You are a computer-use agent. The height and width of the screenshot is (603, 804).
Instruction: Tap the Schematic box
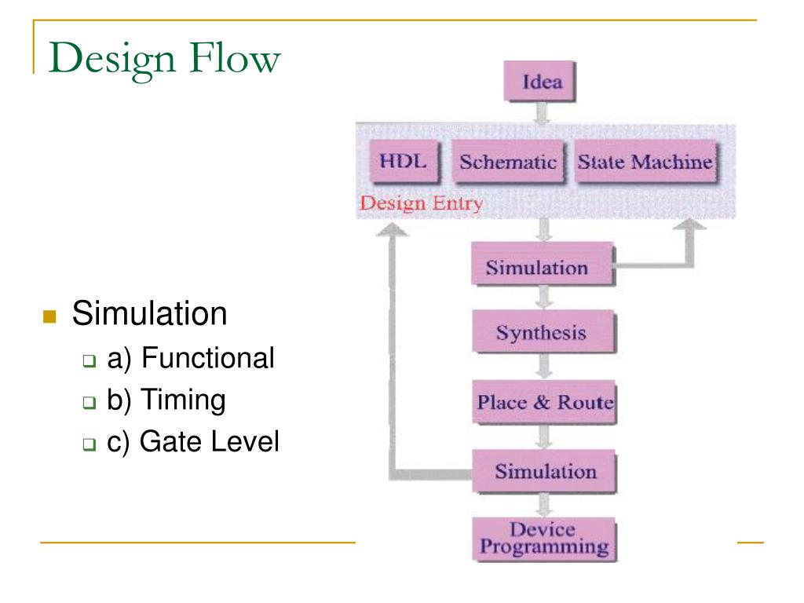pos(507,163)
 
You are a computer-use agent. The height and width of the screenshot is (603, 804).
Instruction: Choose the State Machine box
pos(645,162)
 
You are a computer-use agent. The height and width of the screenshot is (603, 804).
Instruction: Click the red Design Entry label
pos(419,205)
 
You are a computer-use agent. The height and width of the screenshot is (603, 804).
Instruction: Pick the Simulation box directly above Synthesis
pos(537,267)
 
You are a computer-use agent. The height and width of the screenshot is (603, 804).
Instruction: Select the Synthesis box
pos(540,332)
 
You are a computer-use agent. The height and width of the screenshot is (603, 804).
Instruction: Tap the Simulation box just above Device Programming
pos(545,472)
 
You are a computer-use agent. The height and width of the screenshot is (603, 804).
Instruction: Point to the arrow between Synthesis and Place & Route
pos(541,366)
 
